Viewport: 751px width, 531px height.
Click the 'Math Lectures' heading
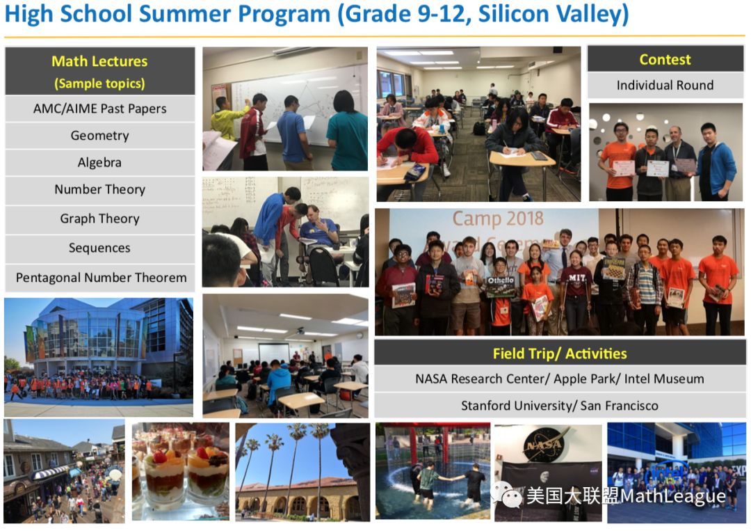[x=99, y=61]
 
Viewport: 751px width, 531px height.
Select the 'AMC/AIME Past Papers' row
[x=99, y=109]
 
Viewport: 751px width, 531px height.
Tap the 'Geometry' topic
[x=99, y=136]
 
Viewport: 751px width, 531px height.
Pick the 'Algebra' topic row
[x=99, y=162]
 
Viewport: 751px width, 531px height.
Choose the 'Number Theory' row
[x=99, y=189]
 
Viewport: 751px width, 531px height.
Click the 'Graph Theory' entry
[x=99, y=219]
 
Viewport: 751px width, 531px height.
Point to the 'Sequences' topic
[x=99, y=248]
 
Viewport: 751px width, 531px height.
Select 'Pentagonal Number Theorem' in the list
[x=101, y=278]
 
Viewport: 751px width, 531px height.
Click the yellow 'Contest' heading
[x=665, y=59]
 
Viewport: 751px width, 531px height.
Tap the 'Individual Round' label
[x=665, y=85]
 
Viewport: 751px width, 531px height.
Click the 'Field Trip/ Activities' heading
[x=560, y=354]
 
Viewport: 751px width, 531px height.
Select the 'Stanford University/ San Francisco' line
[x=560, y=406]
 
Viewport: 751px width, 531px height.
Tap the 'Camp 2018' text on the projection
[x=498, y=219]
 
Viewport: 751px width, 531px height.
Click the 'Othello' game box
[x=501, y=286]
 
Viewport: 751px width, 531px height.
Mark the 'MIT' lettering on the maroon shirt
[x=576, y=278]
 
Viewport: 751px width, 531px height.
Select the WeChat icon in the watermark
[x=508, y=495]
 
